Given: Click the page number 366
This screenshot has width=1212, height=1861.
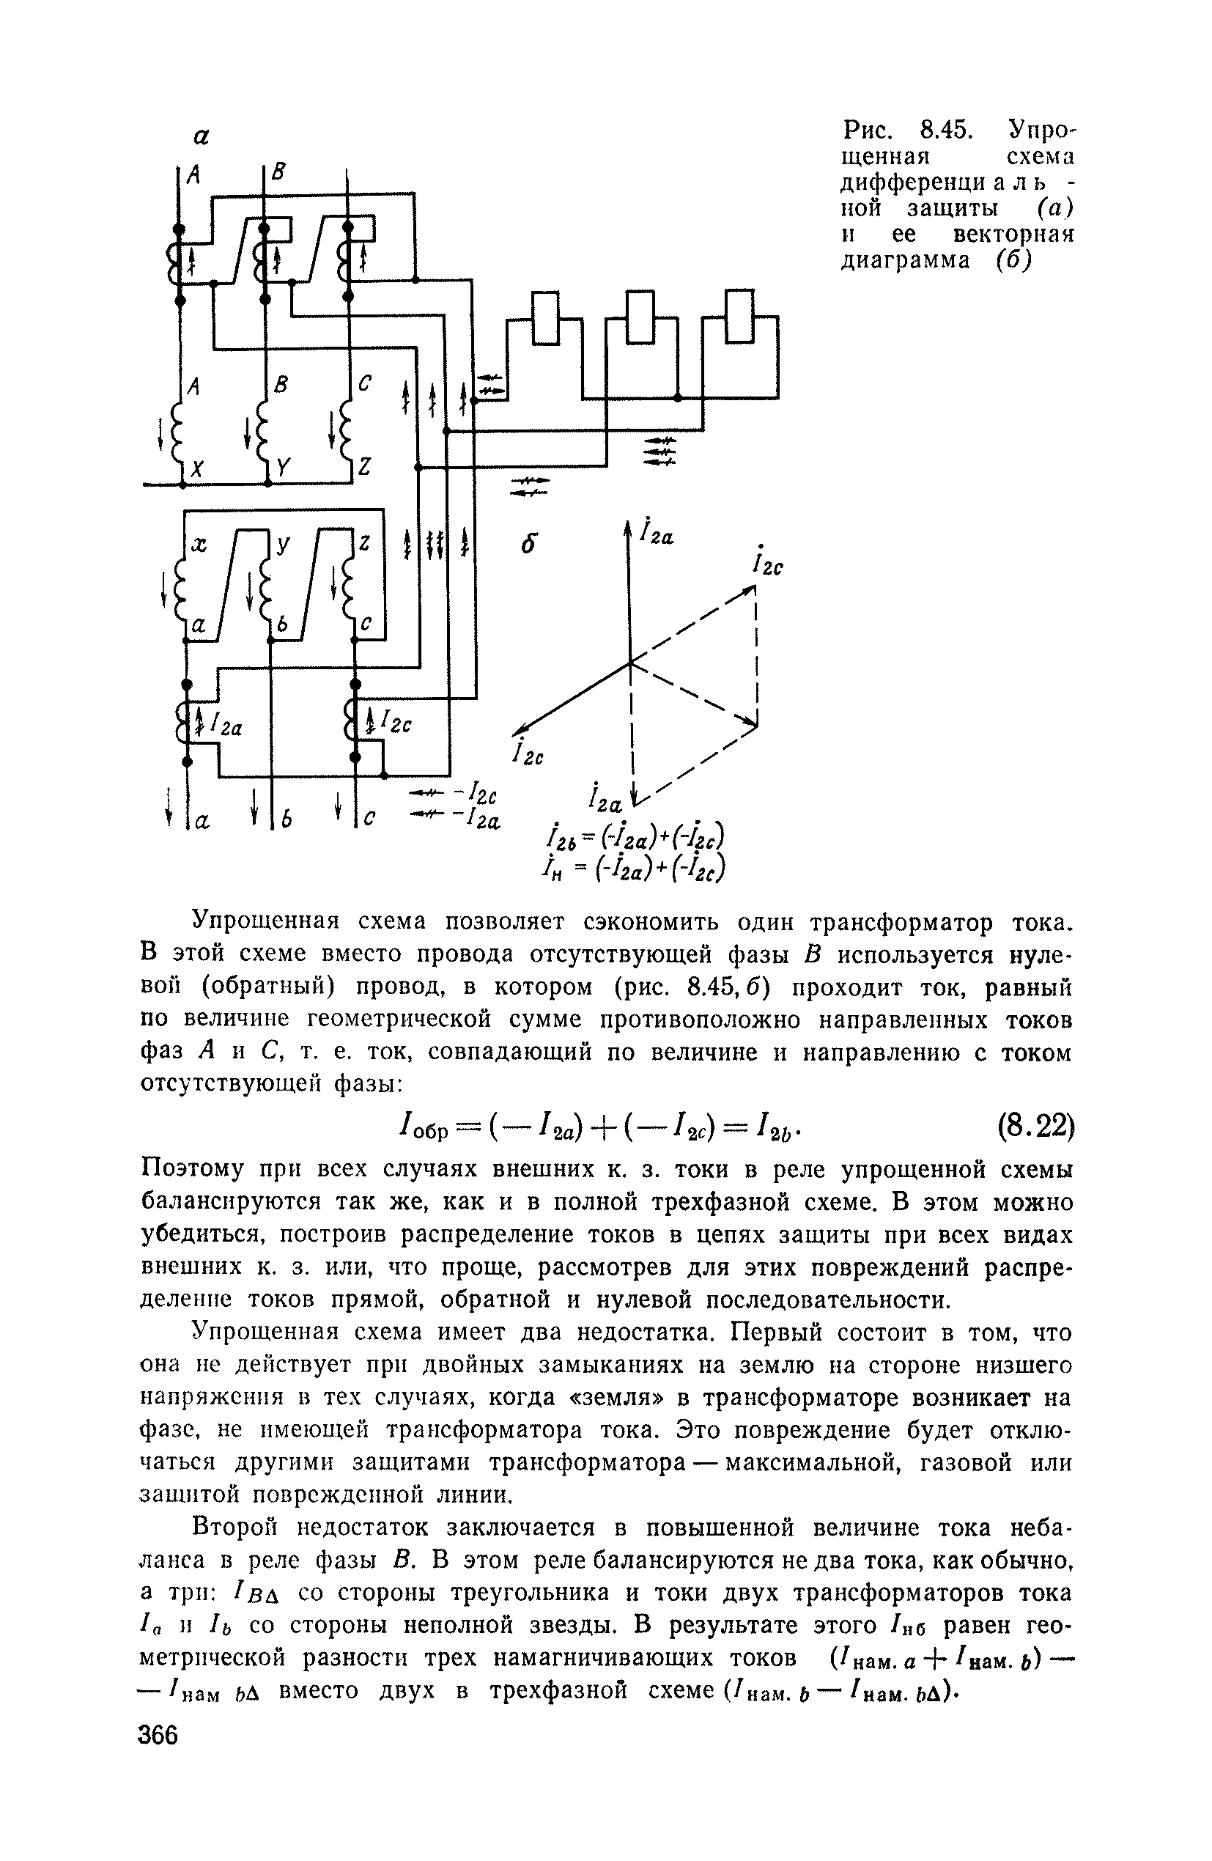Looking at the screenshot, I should [x=159, y=1733].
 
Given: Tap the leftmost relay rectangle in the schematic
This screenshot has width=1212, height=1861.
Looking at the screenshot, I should [x=546, y=317].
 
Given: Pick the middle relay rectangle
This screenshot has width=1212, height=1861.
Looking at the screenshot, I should [x=640, y=317].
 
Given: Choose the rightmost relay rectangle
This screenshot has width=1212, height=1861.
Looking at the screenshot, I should [x=739, y=316].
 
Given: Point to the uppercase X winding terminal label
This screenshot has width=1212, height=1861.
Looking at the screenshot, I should [x=197, y=468].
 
